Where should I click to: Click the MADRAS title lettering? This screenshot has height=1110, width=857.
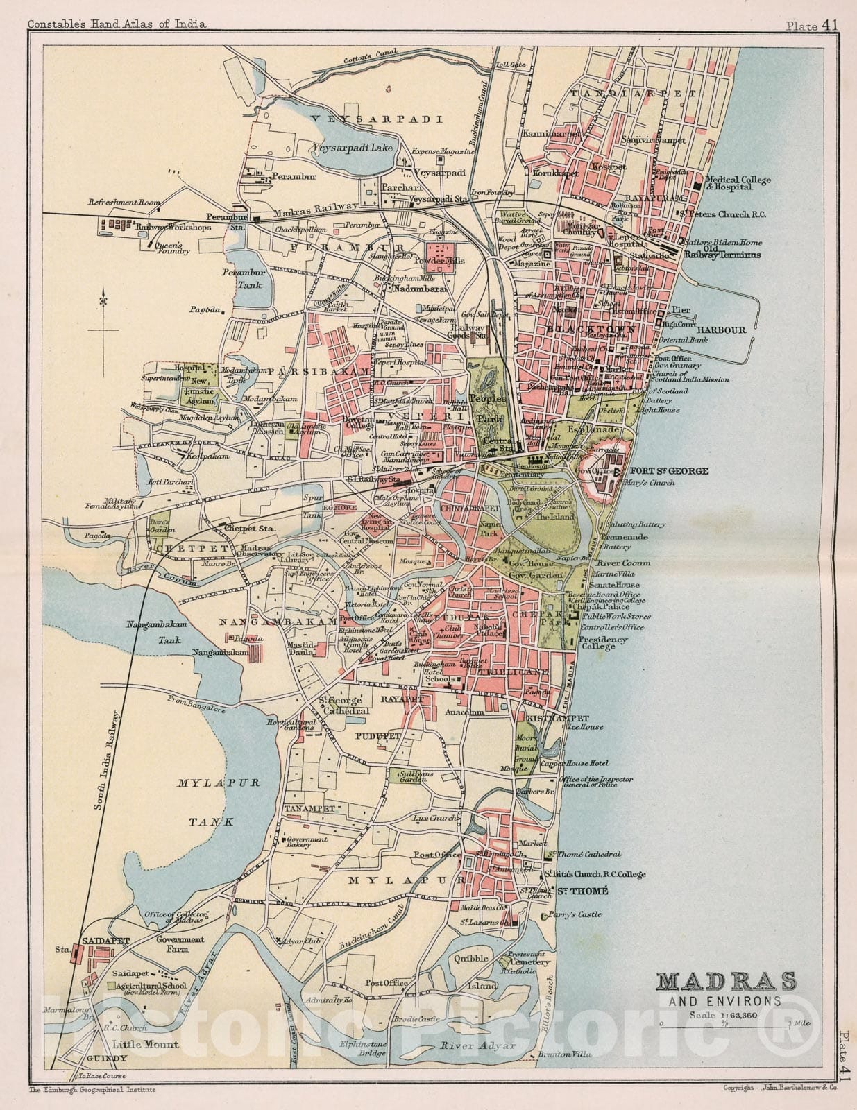[x=726, y=982]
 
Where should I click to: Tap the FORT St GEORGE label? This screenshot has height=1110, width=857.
[x=669, y=471]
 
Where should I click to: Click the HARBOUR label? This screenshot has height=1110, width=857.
[x=721, y=330]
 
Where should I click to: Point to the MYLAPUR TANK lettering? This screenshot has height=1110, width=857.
[x=218, y=801]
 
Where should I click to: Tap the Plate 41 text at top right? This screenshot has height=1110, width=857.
[x=811, y=25]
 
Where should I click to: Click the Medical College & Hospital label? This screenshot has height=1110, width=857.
[x=738, y=183]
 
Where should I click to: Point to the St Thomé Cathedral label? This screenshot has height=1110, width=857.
[x=584, y=854]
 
